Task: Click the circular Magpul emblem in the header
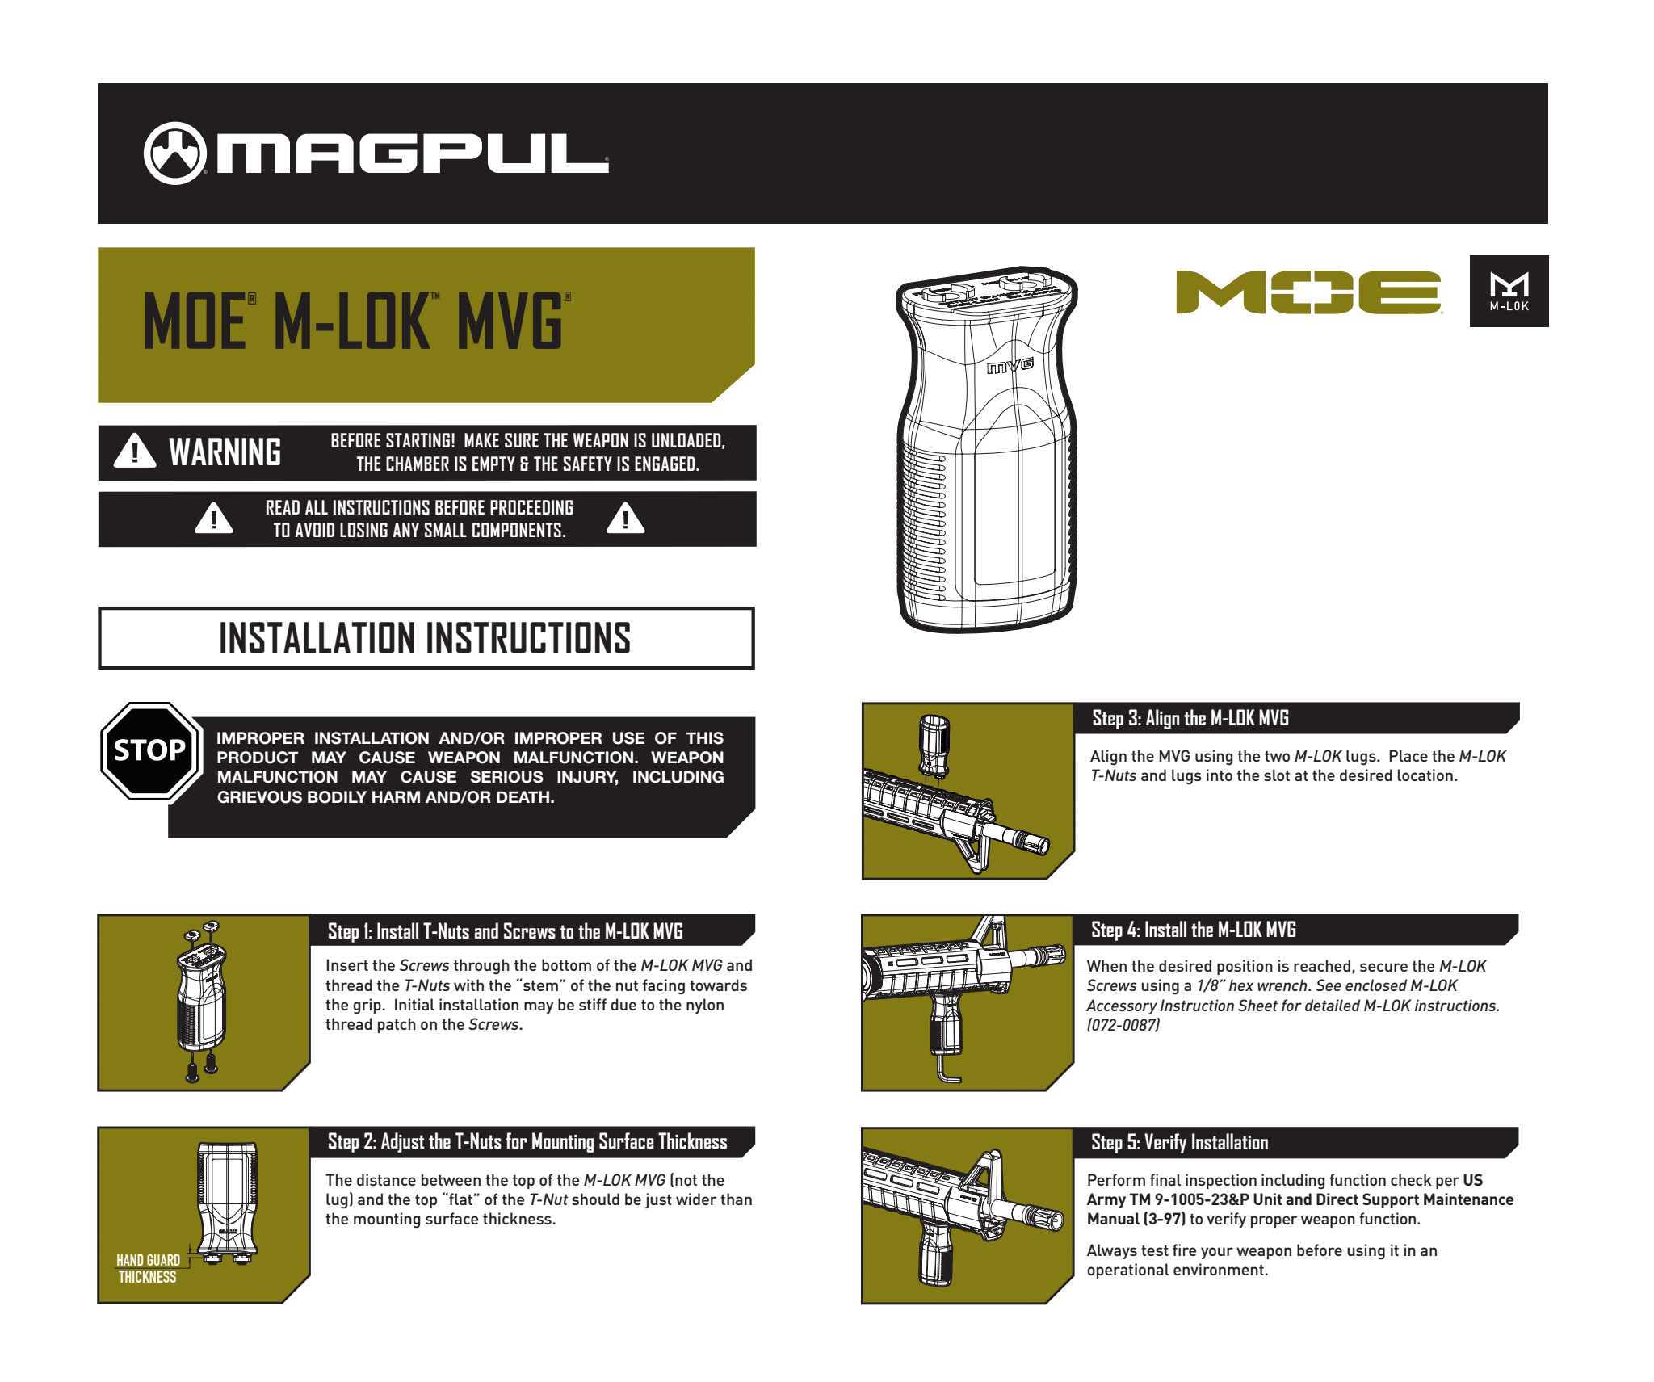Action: click(x=174, y=153)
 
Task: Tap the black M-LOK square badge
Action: click(x=1509, y=291)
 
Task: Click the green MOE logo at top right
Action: click(x=1309, y=292)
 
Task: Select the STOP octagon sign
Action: click(x=150, y=750)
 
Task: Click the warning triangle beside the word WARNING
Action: click(x=135, y=452)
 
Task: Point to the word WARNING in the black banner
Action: click(x=225, y=452)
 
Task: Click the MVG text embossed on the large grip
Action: click(x=1010, y=366)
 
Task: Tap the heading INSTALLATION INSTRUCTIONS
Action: click(x=425, y=638)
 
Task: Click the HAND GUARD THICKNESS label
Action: click(x=148, y=1268)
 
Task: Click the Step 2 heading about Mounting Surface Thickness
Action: click(x=527, y=1142)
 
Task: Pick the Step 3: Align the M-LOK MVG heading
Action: click(x=1190, y=718)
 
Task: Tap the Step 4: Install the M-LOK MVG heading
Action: click(x=1194, y=930)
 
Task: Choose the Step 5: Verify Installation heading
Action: click(x=1180, y=1142)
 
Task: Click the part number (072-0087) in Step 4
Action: click(x=1123, y=1025)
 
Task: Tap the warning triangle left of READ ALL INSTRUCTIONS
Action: click(x=214, y=518)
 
